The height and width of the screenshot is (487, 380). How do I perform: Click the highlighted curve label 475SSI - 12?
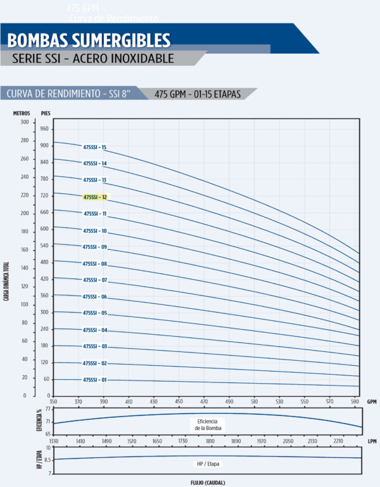[95, 197]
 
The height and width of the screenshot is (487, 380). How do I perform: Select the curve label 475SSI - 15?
[95, 147]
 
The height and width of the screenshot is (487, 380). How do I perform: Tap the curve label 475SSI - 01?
[95, 380]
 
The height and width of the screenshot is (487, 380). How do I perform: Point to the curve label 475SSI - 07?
[95, 280]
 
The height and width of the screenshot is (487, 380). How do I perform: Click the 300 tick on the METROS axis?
[25, 122]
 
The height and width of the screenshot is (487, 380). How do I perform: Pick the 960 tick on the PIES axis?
[44, 129]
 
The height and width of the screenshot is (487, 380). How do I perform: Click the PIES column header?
[46, 112]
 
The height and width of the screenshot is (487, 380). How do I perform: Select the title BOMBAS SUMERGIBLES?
[89, 41]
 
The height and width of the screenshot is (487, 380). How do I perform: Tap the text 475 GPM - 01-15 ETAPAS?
[197, 94]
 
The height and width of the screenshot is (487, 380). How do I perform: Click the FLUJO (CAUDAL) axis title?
[207, 482]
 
